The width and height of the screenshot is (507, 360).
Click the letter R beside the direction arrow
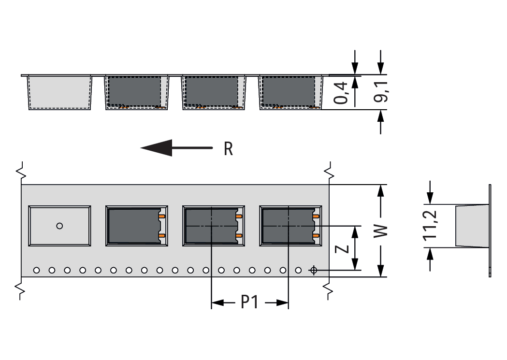tap(228, 149)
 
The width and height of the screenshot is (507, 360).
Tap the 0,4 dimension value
tap(341, 93)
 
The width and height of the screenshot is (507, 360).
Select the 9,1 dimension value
tap(380, 92)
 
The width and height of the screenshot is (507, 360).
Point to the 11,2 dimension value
tap(430, 226)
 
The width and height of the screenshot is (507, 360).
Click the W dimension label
tap(380, 231)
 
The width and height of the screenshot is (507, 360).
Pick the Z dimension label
tap(342, 249)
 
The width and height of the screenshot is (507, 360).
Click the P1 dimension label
tap(249, 302)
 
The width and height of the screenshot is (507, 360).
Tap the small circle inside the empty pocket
tap(59, 226)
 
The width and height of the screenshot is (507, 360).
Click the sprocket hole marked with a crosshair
tap(313, 270)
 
